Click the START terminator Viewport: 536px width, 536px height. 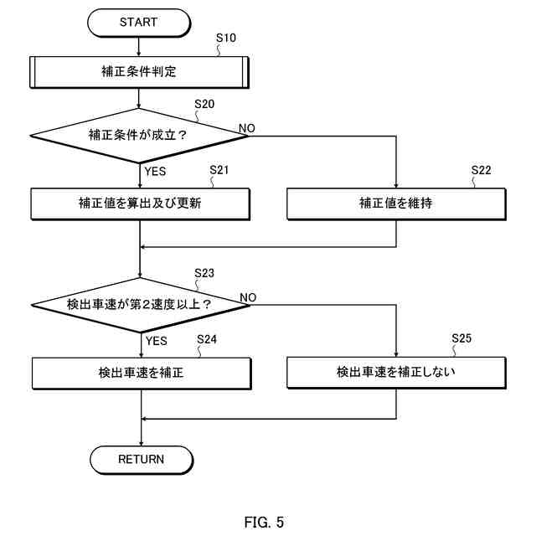click(x=139, y=23)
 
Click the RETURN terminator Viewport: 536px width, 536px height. click(x=142, y=460)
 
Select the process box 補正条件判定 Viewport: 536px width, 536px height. click(x=139, y=72)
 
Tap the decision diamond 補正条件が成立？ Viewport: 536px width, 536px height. click(x=139, y=136)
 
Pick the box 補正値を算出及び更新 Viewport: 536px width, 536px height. click(x=140, y=204)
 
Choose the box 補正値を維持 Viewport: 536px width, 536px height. click(x=396, y=204)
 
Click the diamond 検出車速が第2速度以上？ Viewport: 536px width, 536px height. click(x=141, y=305)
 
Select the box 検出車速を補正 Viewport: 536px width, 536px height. click(x=142, y=374)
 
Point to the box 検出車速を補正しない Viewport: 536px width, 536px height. click(x=396, y=373)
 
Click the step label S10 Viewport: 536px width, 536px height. click(x=226, y=38)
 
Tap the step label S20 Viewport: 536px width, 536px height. click(x=204, y=104)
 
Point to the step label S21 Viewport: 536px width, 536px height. click(x=219, y=170)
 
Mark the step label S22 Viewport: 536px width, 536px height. click(x=481, y=170)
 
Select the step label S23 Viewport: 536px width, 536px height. click(x=204, y=273)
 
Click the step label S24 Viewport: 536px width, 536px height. click(x=207, y=339)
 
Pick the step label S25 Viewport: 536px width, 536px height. click(x=461, y=338)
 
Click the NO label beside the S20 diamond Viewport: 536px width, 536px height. click(x=247, y=128)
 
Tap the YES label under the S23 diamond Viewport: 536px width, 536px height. click(x=157, y=341)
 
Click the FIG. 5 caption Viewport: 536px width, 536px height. click(x=264, y=522)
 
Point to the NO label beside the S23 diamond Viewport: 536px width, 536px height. click(x=248, y=297)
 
